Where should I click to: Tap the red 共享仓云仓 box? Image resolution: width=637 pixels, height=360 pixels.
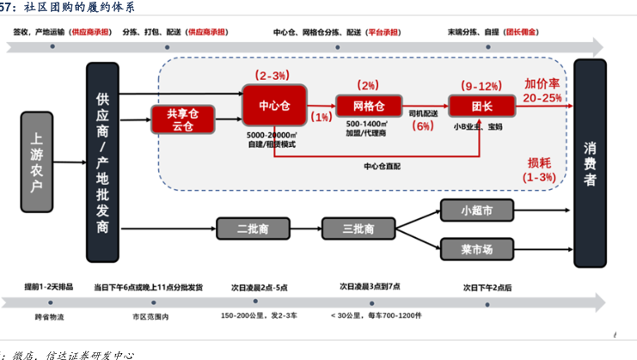[182, 119]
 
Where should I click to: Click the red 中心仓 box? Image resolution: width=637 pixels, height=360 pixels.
[274, 105]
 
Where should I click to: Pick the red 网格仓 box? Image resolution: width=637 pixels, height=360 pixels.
[369, 106]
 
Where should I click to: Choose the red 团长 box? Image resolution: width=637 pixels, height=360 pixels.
[481, 106]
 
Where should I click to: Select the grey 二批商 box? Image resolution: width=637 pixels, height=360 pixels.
[252, 229]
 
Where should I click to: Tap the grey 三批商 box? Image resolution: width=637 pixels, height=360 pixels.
[358, 229]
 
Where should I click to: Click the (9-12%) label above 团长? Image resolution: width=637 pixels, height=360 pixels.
[481, 86]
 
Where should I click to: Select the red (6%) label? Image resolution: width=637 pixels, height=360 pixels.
[423, 126]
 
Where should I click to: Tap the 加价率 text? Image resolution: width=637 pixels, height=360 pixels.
[542, 84]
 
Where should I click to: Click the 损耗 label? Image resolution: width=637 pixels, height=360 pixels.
[540, 162]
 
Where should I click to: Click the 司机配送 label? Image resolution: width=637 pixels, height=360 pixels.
[423, 113]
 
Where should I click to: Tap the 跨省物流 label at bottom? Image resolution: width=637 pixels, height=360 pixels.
[49, 317]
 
